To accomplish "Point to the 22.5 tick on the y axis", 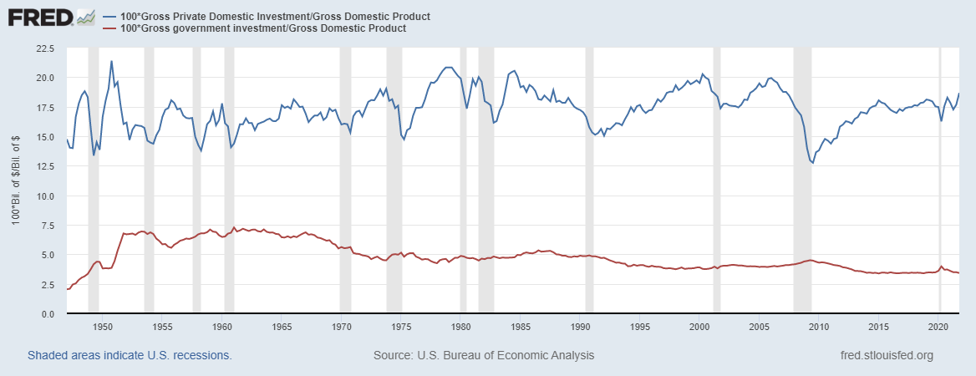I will click(43, 48).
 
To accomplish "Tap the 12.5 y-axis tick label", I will click(43, 166).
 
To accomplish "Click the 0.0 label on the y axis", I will click(47, 314).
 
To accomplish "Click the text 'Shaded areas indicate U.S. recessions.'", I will click(130, 355).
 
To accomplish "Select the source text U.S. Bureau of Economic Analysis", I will click(484, 355).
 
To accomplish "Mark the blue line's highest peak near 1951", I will click(111, 61).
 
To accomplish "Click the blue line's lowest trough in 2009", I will click(812, 163).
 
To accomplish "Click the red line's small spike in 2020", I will click(942, 267).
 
